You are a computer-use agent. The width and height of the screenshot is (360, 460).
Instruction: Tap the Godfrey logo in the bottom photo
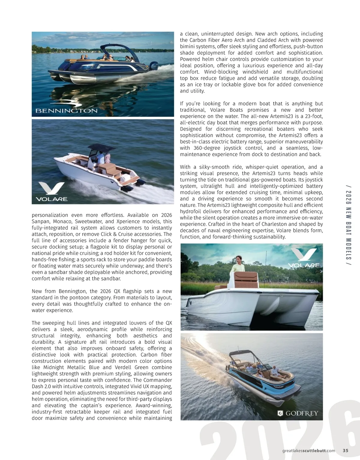pos(298,414)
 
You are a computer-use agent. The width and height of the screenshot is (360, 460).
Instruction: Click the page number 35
pos(345,450)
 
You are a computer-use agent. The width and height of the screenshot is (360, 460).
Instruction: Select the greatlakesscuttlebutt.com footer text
pos(309,450)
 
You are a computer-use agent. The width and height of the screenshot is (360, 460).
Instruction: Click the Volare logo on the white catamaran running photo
pos(52,192)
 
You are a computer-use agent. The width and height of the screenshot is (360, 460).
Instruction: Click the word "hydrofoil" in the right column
pos(190,212)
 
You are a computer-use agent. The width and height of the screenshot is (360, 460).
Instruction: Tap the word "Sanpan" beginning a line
pos(40,221)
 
